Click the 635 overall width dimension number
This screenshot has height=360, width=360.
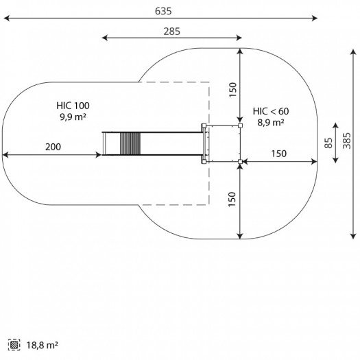click(163, 11)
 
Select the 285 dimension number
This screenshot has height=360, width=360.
click(171, 32)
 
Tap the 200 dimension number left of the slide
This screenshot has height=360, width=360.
click(53, 147)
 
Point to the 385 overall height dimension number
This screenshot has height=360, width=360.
click(347, 141)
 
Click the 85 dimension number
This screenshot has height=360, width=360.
click(328, 143)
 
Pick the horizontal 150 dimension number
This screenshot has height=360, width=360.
click(279, 154)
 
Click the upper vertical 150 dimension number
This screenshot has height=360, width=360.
click(232, 90)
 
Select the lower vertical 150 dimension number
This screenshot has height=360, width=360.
click(232, 199)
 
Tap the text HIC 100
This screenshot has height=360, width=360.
click(73, 106)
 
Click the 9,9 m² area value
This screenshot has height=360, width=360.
click(73, 117)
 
